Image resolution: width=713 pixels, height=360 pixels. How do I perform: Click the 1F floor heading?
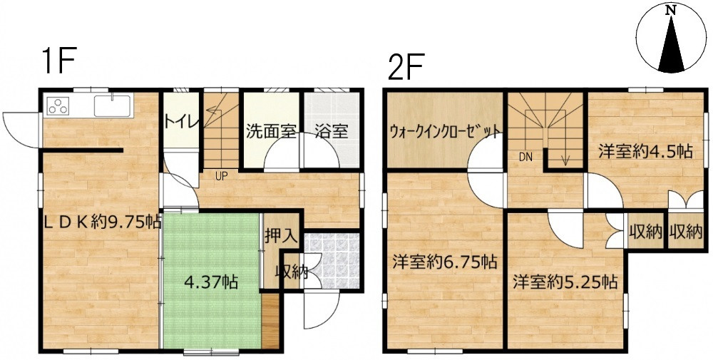point(58,63)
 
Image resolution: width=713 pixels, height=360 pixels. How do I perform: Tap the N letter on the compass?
point(670,11)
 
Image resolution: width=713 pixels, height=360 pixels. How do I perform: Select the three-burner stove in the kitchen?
point(58,107)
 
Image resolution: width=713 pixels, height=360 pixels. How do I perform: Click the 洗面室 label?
point(271,132)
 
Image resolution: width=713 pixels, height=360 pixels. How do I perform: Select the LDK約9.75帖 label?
point(100,222)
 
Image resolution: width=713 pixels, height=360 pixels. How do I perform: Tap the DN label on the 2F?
point(525,156)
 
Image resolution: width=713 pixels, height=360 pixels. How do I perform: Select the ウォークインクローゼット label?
point(443,132)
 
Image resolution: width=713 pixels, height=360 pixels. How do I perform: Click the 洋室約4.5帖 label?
point(645,151)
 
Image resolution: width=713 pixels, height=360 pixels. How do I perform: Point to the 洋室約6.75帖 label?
point(444,261)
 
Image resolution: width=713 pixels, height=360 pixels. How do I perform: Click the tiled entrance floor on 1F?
point(329,262)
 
